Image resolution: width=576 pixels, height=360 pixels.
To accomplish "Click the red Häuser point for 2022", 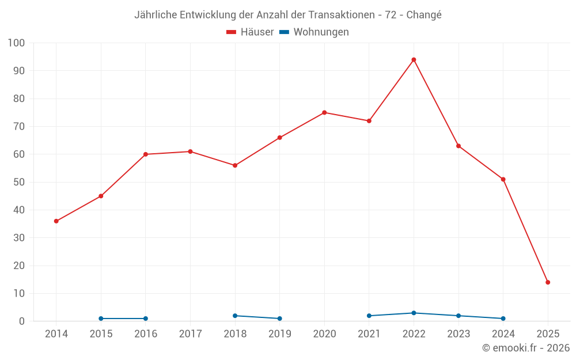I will pyautogui.click(x=414, y=60).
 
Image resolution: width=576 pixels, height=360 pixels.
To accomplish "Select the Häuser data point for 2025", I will pyautogui.click(x=548, y=282).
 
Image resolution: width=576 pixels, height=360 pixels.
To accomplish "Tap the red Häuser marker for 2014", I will pyautogui.click(x=56, y=221).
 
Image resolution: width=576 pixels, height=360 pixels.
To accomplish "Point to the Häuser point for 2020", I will pyautogui.click(x=324, y=112).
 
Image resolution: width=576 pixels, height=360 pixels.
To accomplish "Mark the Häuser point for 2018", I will pyautogui.click(x=235, y=165).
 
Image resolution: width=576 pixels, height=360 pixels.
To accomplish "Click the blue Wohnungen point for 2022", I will pyautogui.click(x=414, y=313).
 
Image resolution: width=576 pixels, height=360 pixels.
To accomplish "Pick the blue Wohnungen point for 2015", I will pyautogui.click(x=101, y=319).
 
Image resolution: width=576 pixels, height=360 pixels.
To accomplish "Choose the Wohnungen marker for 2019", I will pyautogui.click(x=279, y=319).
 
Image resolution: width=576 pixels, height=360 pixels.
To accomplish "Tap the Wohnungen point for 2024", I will pyautogui.click(x=503, y=319).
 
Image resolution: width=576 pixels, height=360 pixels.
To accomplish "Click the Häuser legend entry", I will pyautogui.click(x=250, y=32).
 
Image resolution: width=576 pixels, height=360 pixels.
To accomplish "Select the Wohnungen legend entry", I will pyautogui.click(x=314, y=32).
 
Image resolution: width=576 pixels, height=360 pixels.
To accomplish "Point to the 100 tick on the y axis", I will pyautogui.click(x=17, y=43).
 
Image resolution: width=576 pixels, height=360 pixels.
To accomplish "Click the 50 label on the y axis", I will pyautogui.click(x=19, y=182).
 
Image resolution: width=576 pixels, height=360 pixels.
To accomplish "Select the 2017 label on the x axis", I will pyautogui.click(x=190, y=334).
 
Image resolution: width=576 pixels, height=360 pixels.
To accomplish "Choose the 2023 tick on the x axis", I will pyautogui.click(x=458, y=334).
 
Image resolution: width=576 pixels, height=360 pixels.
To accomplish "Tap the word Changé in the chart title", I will pyautogui.click(x=424, y=15).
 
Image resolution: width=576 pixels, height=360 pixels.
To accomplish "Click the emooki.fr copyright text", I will pyautogui.click(x=526, y=348).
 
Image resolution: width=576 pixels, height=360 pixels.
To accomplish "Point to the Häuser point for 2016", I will pyautogui.click(x=146, y=154).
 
